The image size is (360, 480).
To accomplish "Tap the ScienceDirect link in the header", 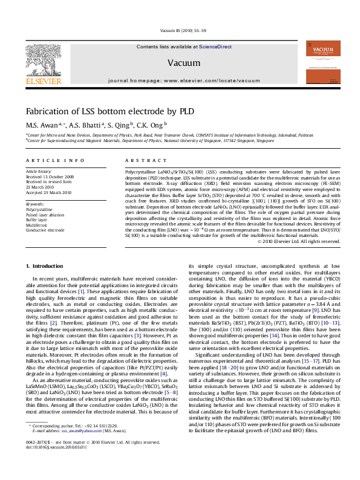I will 215,47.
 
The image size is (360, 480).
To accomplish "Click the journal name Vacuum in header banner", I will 179,62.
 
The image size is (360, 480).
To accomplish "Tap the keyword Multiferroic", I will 37,223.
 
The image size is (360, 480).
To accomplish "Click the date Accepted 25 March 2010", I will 50,192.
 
